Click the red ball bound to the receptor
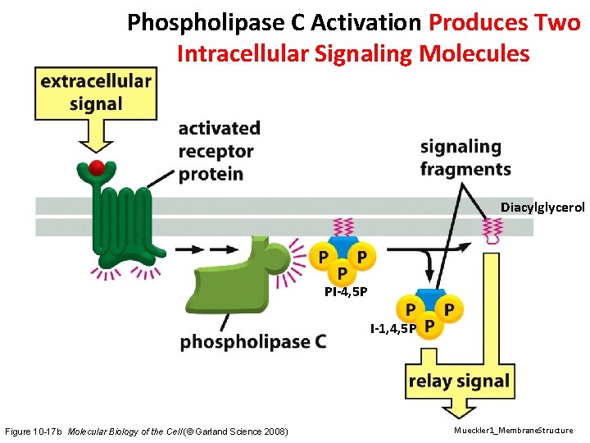97,169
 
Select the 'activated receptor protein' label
219,151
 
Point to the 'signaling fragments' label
465,158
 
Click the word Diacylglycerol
542,208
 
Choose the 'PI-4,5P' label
345,291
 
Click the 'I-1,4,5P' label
393,329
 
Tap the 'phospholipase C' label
252,341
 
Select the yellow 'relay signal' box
458,381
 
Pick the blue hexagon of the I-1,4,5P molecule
429,297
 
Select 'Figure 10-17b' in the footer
34,432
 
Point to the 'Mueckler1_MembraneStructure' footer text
514,431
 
